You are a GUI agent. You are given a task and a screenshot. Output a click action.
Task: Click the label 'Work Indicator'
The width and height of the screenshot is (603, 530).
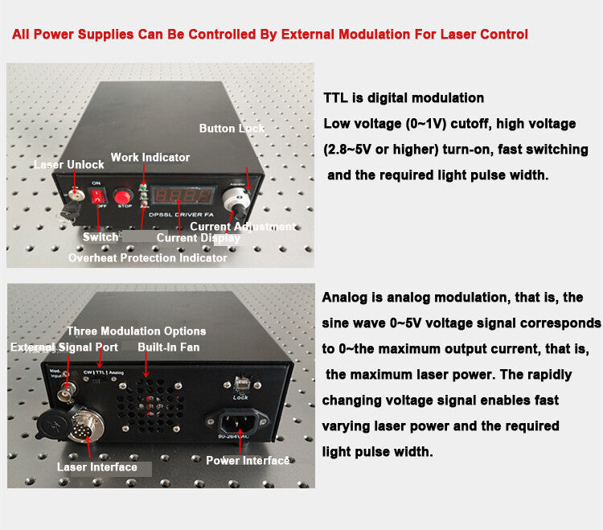click(150, 157)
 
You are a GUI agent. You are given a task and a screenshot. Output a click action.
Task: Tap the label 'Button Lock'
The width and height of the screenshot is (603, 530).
click(232, 129)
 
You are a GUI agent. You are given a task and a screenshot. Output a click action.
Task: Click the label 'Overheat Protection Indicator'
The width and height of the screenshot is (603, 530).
click(147, 258)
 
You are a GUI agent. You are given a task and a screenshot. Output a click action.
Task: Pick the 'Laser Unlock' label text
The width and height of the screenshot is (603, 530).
click(68, 165)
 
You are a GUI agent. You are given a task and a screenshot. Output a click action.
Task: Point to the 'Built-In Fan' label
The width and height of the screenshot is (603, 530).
click(168, 347)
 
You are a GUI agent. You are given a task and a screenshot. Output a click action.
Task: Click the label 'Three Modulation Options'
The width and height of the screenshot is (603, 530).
click(136, 331)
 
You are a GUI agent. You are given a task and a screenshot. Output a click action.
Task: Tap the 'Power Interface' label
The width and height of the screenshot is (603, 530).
click(248, 460)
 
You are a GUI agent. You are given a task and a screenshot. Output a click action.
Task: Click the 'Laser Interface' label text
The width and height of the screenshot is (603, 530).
click(96, 466)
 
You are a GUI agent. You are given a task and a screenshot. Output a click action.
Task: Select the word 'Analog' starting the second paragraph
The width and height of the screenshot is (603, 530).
click(346, 298)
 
